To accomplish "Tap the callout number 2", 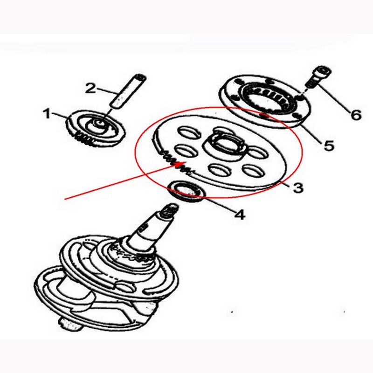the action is click(x=90, y=88).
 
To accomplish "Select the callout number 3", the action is click(x=298, y=188).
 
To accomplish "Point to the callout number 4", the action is click(x=240, y=214).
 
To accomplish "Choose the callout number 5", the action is click(x=329, y=145).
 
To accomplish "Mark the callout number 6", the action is click(x=356, y=115).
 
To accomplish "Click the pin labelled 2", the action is click(x=128, y=92).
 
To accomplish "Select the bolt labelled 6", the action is click(x=318, y=77).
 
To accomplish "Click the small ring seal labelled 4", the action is click(x=186, y=192).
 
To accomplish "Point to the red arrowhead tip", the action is click(x=186, y=162).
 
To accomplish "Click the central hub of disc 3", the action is click(x=226, y=145).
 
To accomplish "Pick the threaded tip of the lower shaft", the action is click(x=170, y=209).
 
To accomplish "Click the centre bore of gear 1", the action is click(x=100, y=123).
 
